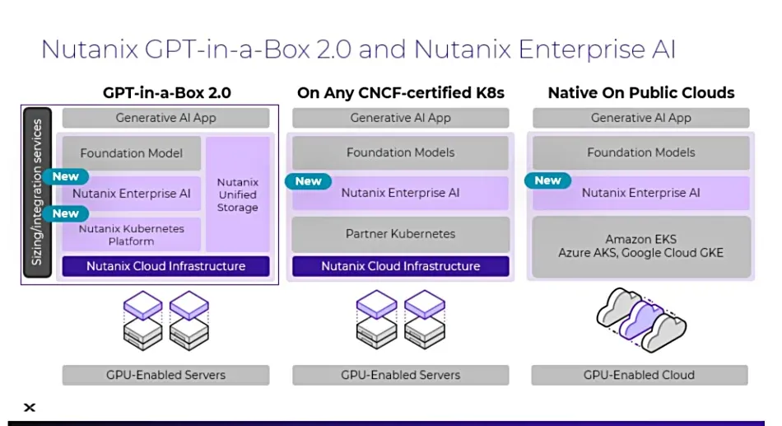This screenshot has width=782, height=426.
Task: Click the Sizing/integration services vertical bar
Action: pos(38,193)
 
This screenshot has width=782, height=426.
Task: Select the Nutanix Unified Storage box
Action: pos(237,194)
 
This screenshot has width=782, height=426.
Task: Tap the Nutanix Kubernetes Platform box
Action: pos(132,235)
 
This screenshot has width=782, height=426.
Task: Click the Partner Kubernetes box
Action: pos(400,234)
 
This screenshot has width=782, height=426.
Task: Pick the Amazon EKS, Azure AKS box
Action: pos(640,246)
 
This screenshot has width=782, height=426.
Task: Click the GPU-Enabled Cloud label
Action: pos(639,375)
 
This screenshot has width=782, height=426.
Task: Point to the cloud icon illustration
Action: pos(640,320)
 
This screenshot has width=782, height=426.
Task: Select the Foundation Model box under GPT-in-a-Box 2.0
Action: pos(132,153)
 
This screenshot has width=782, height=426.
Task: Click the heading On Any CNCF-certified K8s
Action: pos(400,93)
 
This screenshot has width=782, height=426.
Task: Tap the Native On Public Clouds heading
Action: pos(640,93)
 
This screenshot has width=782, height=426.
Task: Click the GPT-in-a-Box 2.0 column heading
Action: pos(166,93)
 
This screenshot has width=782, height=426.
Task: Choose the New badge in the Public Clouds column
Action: pos(547,180)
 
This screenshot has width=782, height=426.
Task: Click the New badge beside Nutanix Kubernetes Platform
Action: pos(66,213)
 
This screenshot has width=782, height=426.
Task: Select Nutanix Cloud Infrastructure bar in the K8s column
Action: pos(400,266)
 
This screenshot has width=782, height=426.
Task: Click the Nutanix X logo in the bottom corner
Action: pos(30,408)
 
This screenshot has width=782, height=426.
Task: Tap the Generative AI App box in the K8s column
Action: pos(400,118)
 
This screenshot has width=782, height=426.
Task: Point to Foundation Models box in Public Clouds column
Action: pos(640,152)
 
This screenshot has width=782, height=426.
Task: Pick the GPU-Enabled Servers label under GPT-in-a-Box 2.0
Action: pos(165,375)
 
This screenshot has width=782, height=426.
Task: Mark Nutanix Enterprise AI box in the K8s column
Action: pos(400,193)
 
